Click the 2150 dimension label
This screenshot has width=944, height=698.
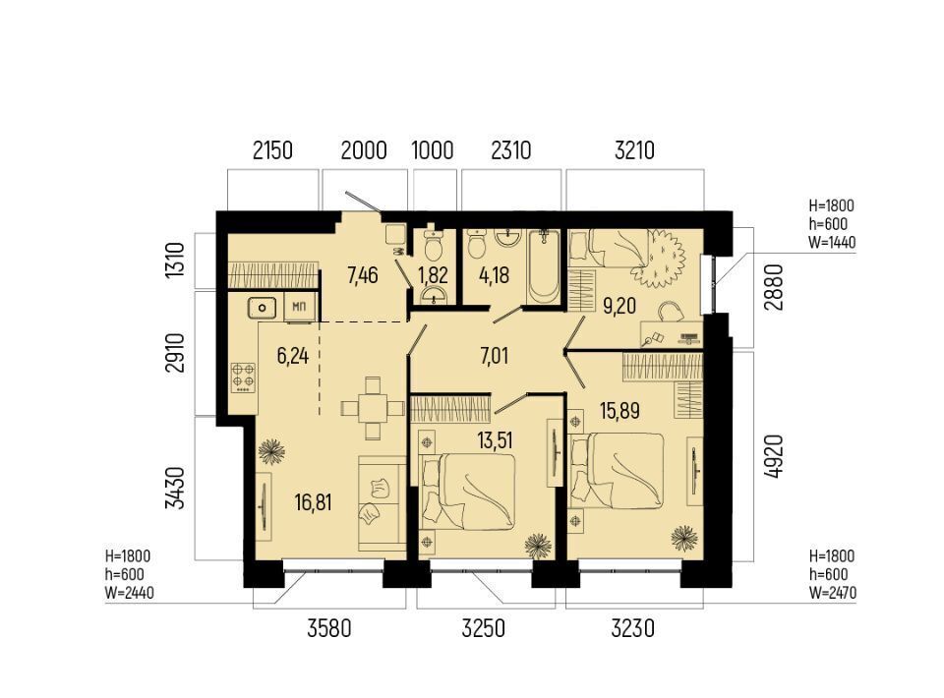pos(272,149)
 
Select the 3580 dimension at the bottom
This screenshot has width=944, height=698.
pos(328,629)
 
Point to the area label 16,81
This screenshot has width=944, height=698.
pos(313,501)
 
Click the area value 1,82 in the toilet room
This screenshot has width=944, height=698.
pos(433,275)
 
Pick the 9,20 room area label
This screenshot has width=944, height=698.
pos(619,306)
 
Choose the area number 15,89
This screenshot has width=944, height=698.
pos(619,411)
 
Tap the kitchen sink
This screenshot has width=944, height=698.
pos(262,308)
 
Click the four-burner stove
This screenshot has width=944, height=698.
pos(243,378)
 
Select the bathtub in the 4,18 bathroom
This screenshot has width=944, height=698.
pos(544,265)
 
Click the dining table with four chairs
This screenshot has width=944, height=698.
pos(373,409)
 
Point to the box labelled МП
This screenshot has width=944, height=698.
pos(299,308)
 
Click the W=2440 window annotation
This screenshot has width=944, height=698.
pos(129,593)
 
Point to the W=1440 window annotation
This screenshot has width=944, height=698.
pos(832,242)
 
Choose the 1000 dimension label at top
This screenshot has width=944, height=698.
pos(433,149)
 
